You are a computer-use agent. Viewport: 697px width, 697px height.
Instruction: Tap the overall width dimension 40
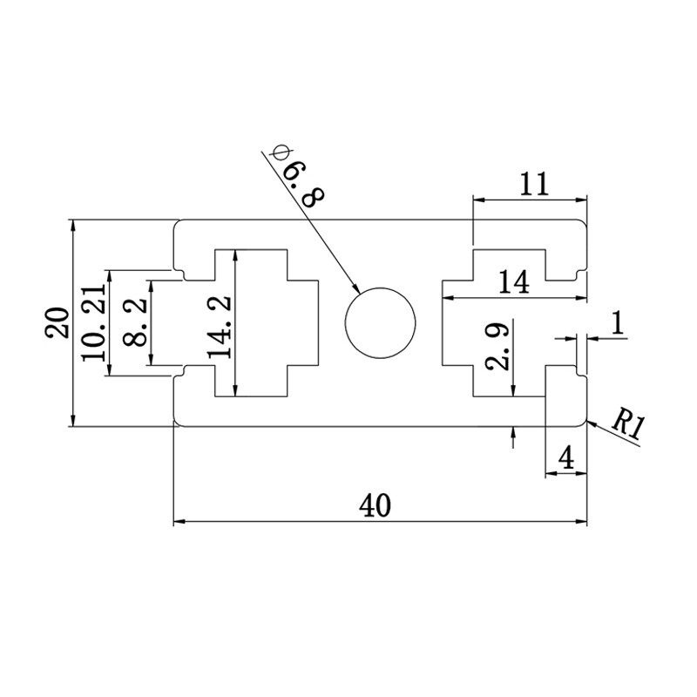(379, 504)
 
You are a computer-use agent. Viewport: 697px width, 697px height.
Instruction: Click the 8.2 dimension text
(135, 322)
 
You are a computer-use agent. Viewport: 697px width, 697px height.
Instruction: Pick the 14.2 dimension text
(220, 323)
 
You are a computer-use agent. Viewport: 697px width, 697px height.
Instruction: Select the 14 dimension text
(514, 281)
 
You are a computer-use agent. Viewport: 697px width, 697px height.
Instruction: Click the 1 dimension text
(616, 324)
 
